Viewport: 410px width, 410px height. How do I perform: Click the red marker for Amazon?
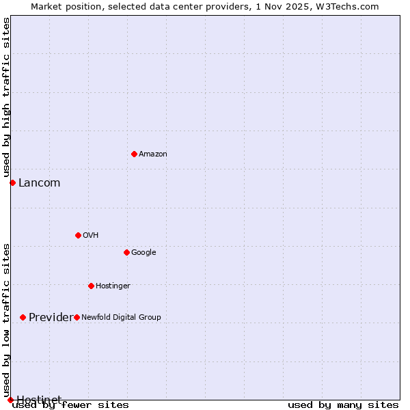pos(134,154)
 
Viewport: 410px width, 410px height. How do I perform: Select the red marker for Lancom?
pos(12,182)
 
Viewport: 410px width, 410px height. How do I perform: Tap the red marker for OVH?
pos(78,235)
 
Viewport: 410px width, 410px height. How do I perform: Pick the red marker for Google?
pos(126,252)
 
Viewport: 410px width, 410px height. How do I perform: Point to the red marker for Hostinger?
pos(91,286)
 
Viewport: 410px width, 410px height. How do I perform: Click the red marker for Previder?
pos(23,317)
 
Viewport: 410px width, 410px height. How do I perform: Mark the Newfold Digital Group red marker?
pos(77,317)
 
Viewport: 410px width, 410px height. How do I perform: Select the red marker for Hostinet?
pos(10,400)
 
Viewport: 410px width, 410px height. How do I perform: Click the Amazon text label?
pos(152,154)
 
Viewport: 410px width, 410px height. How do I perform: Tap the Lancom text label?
pos(39,183)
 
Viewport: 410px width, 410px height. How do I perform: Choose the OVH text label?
pos(90,236)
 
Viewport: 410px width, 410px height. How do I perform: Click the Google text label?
pos(143,253)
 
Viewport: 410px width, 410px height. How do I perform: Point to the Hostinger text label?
pos(113,286)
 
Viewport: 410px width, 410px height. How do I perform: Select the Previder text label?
pos(50,318)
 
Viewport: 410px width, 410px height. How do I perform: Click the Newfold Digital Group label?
pos(121,318)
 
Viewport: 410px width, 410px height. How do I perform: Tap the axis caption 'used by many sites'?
pos(343,405)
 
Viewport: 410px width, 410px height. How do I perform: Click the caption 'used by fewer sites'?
pos(70,405)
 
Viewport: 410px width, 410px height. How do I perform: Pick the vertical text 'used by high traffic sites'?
pos(6,97)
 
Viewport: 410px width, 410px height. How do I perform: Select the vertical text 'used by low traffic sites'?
pos(6,320)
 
